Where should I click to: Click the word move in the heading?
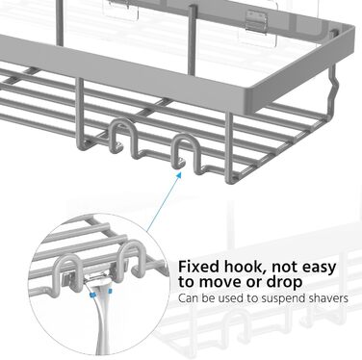click(228, 282)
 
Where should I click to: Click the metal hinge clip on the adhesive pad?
click(256, 23)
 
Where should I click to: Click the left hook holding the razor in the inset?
click(68, 271)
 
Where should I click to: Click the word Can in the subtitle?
click(187, 298)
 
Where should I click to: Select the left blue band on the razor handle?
click(92, 295)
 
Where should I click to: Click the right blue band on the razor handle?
click(110, 292)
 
